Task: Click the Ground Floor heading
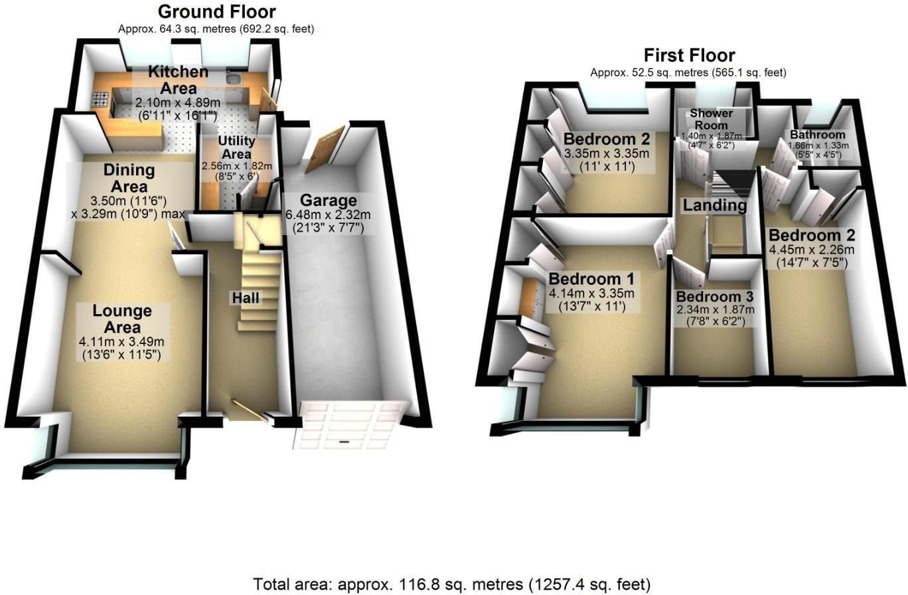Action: coord(216,11)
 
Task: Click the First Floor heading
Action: coord(689,55)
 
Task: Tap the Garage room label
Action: coord(328,201)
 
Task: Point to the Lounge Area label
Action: coord(122,319)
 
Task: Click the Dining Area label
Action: coord(129,178)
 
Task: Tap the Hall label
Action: coord(245,298)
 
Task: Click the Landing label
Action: coord(715,206)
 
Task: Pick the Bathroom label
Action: coord(817,135)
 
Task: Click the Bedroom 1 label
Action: coord(591,278)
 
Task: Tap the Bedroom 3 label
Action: coord(716,296)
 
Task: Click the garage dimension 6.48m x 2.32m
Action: coord(328,215)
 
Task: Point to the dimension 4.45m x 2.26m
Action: coord(811,250)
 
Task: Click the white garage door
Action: coord(349,424)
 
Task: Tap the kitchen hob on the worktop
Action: coord(100,100)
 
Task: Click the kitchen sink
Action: coord(233,81)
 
